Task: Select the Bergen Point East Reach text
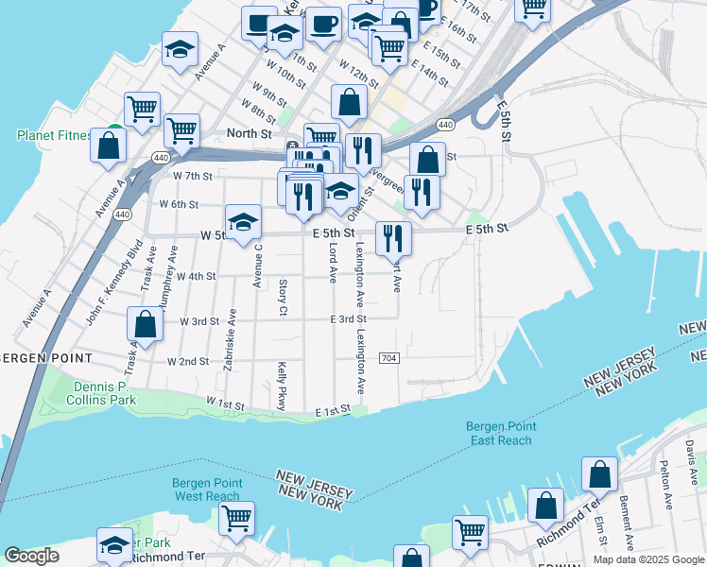click(x=499, y=433)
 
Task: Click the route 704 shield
click(x=388, y=358)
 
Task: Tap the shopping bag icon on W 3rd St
click(x=146, y=324)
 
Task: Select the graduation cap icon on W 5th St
click(x=244, y=223)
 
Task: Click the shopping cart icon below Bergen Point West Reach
click(x=236, y=518)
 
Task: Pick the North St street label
click(x=249, y=134)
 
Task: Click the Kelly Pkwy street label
click(x=282, y=386)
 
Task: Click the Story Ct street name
click(x=283, y=297)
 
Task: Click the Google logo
click(x=32, y=557)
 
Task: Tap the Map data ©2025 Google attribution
click(x=647, y=559)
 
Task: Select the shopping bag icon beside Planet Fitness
click(x=109, y=146)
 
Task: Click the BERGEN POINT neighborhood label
click(x=47, y=359)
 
